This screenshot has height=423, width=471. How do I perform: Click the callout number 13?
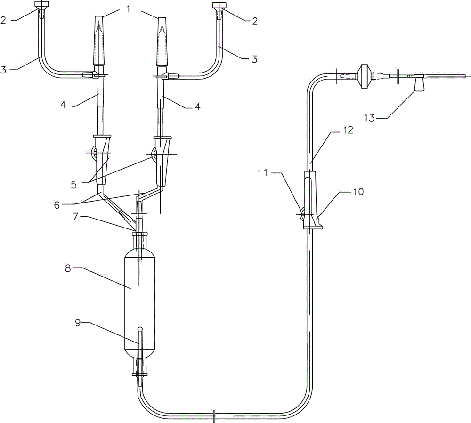pyautogui.click(x=369, y=118)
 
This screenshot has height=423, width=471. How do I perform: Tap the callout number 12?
pyautogui.click(x=347, y=130)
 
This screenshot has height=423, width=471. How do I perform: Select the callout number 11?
pyautogui.click(x=263, y=174)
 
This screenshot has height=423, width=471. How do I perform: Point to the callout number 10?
pyautogui.click(x=358, y=191)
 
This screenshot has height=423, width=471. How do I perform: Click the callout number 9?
pyautogui.click(x=78, y=323)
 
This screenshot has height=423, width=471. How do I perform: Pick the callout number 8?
pyautogui.click(x=68, y=268)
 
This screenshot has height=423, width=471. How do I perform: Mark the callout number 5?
pyautogui.click(x=74, y=184)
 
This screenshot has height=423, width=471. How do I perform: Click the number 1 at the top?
pyautogui.click(x=128, y=9)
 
